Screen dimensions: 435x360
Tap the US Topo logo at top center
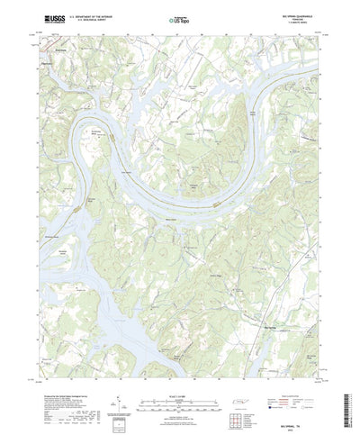click(179, 17)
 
